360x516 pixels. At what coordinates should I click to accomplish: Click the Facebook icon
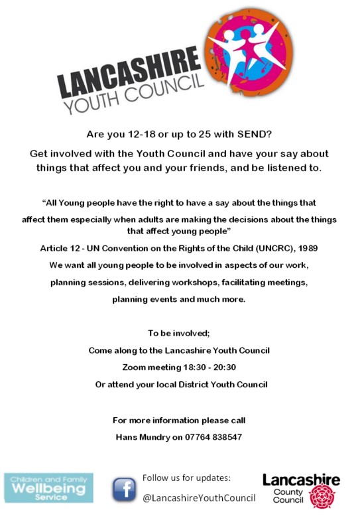[124, 489]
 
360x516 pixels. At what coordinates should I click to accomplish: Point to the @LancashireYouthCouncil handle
[199, 498]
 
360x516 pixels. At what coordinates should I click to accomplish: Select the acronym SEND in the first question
[254, 135]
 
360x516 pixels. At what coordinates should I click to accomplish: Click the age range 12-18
[135, 135]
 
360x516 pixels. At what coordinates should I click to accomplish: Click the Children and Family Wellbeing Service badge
[48, 487]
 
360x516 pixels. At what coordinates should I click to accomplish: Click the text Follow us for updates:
[186, 478]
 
